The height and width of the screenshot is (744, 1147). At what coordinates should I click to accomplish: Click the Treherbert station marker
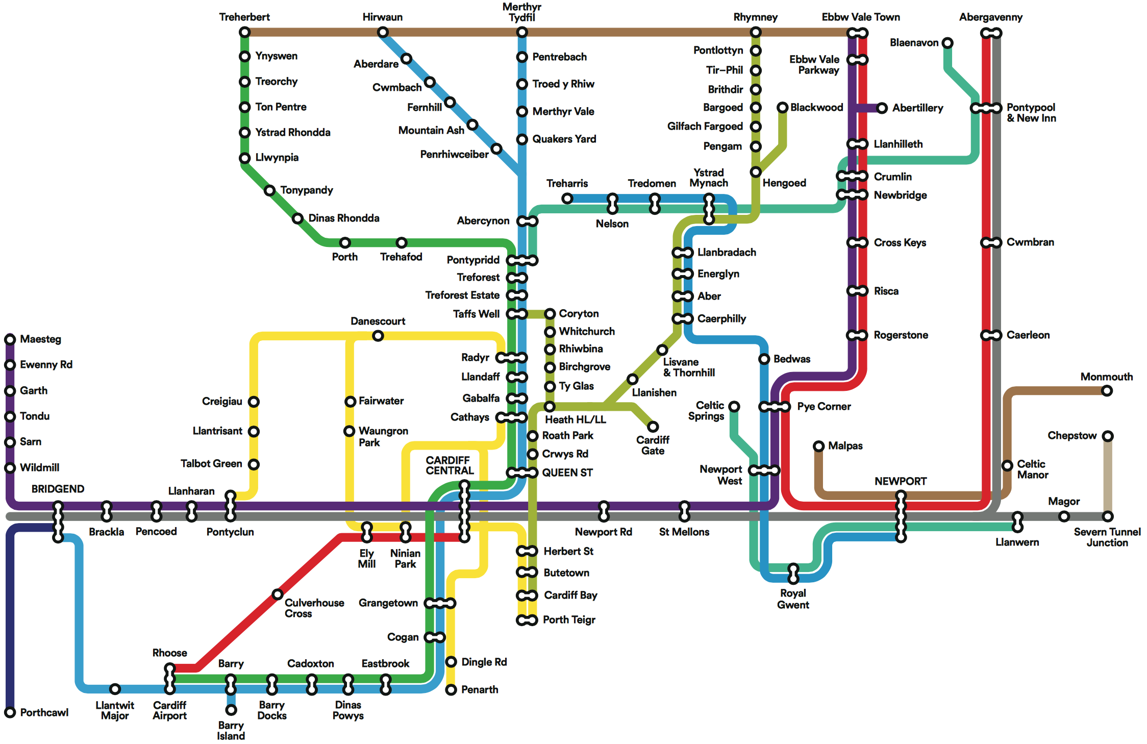click(x=245, y=33)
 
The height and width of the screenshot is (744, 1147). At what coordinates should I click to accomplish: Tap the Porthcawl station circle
click(x=10, y=712)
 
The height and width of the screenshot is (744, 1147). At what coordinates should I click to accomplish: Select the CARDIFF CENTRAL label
click(x=450, y=465)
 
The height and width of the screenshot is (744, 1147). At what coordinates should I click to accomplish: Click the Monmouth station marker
click(x=1107, y=391)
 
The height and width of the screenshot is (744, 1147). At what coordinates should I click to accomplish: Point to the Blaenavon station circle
click(x=947, y=43)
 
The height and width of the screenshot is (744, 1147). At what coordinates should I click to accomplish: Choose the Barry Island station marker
click(x=231, y=710)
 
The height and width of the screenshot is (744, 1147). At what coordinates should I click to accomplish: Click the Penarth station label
click(x=480, y=690)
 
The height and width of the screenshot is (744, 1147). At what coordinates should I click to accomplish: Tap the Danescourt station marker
click(x=378, y=336)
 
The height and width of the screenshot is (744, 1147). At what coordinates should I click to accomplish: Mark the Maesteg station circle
click(x=10, y=339)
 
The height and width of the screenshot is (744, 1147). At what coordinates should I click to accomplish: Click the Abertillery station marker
click(x=882, y=108)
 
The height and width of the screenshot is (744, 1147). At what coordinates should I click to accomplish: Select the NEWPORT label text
click(x=901, y=481)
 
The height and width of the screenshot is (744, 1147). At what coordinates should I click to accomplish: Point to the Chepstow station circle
click(x=1108, y=436)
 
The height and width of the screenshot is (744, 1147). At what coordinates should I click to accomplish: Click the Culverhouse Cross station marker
click(x=278, y=594)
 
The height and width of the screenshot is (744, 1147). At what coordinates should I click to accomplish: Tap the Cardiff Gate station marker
click(x=653, y=427)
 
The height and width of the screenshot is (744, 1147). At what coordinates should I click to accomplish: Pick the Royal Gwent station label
click(x=793, y=599)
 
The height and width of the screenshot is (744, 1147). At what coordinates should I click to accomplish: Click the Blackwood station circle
click(x=783, y=108)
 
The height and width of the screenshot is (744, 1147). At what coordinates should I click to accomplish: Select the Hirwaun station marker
click(x=383, y=33)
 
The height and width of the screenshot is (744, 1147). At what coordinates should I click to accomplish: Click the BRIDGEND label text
click(x=58, y=489)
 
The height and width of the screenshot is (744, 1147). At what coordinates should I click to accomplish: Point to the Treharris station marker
click(x=567, y=199)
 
